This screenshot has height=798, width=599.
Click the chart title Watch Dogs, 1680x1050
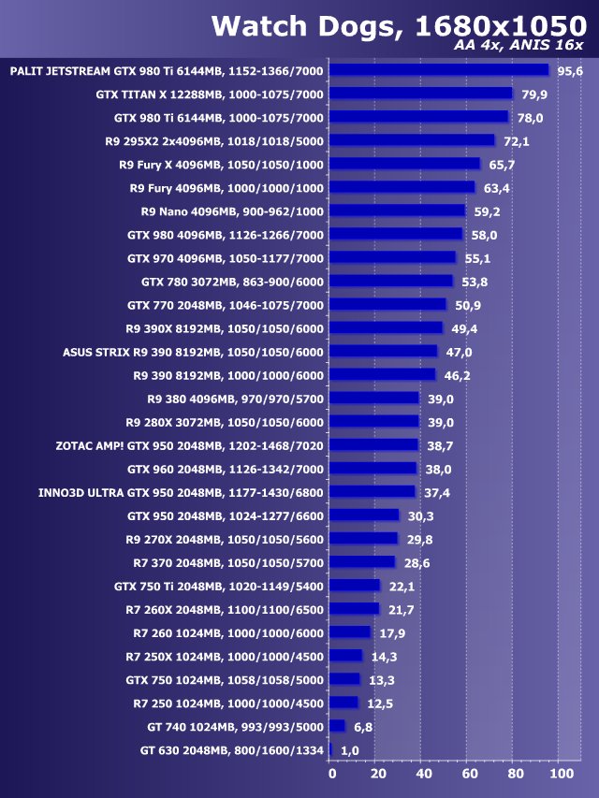[x=397, y=25]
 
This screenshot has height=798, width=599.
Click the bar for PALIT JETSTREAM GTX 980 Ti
[x=440, y=70]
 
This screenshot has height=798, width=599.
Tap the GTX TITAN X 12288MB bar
[x=422, y=94]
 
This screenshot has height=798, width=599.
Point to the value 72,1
[x=517, y=141]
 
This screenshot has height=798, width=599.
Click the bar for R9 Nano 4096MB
[x=398, y=211]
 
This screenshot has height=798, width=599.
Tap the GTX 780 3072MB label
[x=233, y=282]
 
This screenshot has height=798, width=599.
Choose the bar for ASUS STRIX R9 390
[x=384, y=352]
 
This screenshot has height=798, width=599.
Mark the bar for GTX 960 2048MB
[x=373, y=469]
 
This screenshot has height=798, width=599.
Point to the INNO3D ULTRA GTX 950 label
[x=182, y=492]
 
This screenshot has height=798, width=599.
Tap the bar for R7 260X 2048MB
[x=355, y=609]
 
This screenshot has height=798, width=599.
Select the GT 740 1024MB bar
[x=338, y=726]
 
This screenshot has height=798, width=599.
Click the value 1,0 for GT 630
[x=350, y=750]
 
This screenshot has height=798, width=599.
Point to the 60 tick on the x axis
[x=469, y=774]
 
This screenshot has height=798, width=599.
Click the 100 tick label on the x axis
[x=560, y=774]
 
